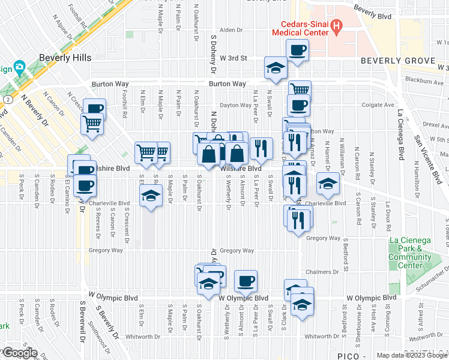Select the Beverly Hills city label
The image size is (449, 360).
pos(65,58)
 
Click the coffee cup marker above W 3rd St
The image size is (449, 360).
pos(297,50)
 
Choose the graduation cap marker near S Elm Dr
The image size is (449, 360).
pos(151,195)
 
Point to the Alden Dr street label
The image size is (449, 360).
pos(230,29)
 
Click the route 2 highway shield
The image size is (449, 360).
pos(6,98)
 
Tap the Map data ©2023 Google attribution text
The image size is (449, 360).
pos(412,355)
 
